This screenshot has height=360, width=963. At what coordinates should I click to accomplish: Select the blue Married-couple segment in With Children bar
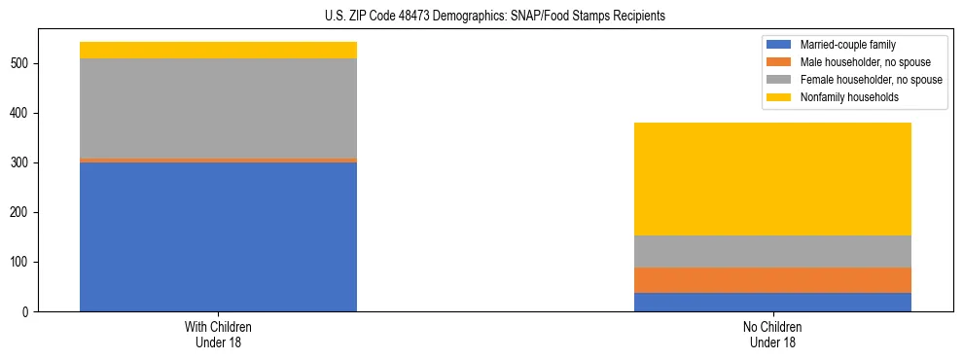coord(218,236)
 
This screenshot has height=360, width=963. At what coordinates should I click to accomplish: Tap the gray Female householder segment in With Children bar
coord(218,108)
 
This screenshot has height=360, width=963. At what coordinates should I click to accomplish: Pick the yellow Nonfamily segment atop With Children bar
coord(218,51)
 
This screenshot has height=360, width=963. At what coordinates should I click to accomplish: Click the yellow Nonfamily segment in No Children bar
coord(772,179)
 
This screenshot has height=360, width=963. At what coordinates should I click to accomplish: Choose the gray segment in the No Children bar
coord(772,251)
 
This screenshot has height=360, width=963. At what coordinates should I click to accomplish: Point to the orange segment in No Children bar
coord(772,280)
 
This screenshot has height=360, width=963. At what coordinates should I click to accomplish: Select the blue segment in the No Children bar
coord(772,302)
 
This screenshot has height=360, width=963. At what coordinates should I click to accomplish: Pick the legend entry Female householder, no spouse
coord(860,80)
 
